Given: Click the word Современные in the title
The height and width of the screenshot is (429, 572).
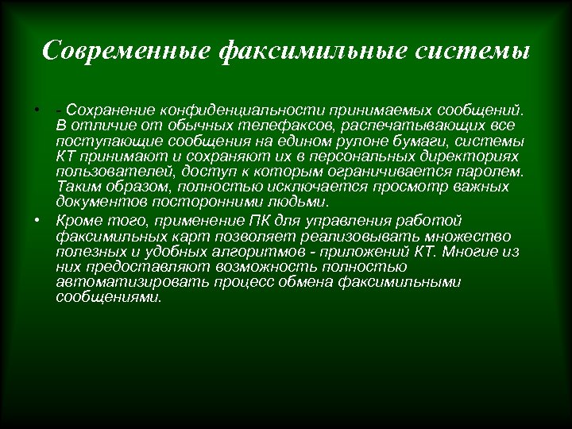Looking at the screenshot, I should pyautogui.click(x=125, y=51).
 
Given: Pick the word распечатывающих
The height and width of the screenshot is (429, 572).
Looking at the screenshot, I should pyautogui.click(x=412, y=126).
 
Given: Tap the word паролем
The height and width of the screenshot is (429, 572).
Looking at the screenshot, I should pyautogui.click(x=496, y=172).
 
